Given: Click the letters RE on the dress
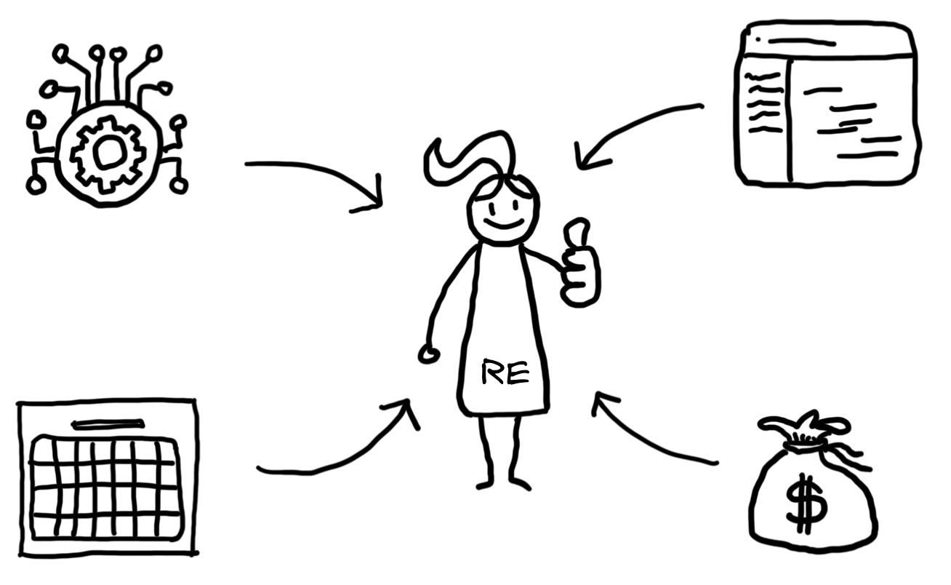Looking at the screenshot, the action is pos(505,374).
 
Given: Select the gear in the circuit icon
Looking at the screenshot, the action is pos(107,153).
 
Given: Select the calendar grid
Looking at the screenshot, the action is pos(106,488).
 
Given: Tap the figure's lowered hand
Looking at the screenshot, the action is pos(429,354).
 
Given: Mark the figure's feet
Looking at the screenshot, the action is pos(503,483).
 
